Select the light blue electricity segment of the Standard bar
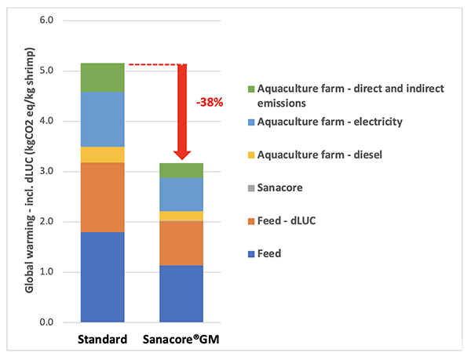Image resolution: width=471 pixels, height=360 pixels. click(x=103, y=119)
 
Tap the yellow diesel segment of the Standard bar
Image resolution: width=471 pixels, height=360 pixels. click(x=103, y=155)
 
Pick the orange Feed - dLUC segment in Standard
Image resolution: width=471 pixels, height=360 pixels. click(x=103, y=197)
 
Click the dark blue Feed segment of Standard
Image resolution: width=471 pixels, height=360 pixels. click(x=103, y=277)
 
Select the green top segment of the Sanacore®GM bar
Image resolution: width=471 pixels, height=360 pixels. click(x=181, y=170)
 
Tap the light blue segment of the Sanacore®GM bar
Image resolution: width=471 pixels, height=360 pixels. click(x=181, y=195)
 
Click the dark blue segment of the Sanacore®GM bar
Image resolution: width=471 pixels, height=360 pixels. click(x=181, y=293)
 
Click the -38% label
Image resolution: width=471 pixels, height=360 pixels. click(x=209, y=102)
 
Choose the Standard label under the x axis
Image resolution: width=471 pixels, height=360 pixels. click(x=103, y=341)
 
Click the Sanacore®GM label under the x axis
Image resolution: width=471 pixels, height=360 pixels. click(x=181, y=341)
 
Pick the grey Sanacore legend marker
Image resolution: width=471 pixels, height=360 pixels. click(x=251, y=188)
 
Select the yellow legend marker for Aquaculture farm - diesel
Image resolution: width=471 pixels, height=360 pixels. click(x=251, y=155)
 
